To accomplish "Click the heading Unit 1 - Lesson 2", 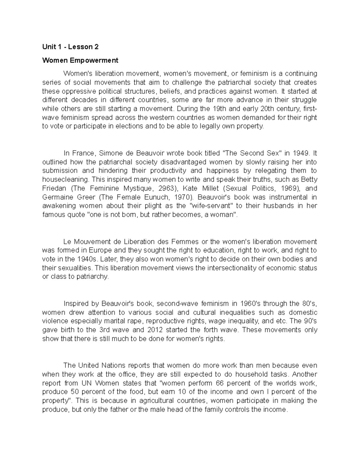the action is pos(70,47).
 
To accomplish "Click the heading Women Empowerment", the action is pos(80,60).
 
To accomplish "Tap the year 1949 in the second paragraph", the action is pos(300,153).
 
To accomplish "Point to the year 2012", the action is pos(156,330).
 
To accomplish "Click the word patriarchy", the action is pos(93,276).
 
